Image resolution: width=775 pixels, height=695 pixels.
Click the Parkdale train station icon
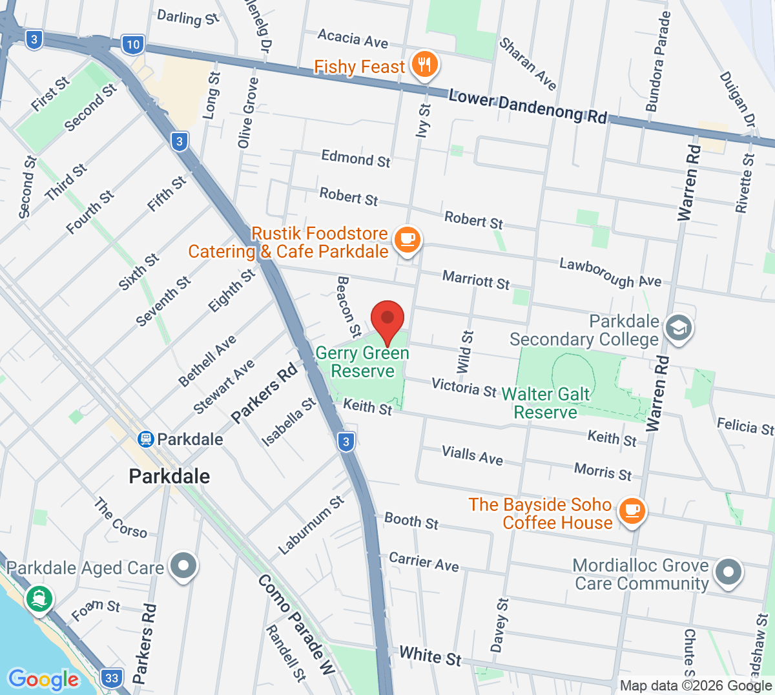pos(146,439)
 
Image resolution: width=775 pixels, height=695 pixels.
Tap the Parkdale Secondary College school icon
pos(678,328)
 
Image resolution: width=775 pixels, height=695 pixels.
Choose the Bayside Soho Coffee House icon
pos(631,512)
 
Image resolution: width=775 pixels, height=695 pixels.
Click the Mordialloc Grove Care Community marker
pos(728,572)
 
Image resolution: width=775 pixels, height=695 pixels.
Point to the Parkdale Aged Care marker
pos(183,566)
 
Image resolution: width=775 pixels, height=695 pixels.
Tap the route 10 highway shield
pos(132,45)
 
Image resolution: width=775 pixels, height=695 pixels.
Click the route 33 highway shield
pos(112,678)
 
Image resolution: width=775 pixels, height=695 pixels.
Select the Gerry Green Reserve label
pos(362,362)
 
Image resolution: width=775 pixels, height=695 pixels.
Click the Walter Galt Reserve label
pos(546,403)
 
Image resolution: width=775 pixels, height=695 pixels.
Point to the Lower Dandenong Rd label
pos(528,107)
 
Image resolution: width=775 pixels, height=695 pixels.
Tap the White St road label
pos(430,656)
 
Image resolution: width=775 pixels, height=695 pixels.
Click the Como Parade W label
pos(296,624)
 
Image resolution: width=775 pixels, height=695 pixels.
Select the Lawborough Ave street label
pos(610,272)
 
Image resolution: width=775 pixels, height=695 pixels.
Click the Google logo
pos(43,679)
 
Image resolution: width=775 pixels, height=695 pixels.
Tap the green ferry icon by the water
pos(39,599)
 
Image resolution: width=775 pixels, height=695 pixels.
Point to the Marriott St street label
pos(476,280)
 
